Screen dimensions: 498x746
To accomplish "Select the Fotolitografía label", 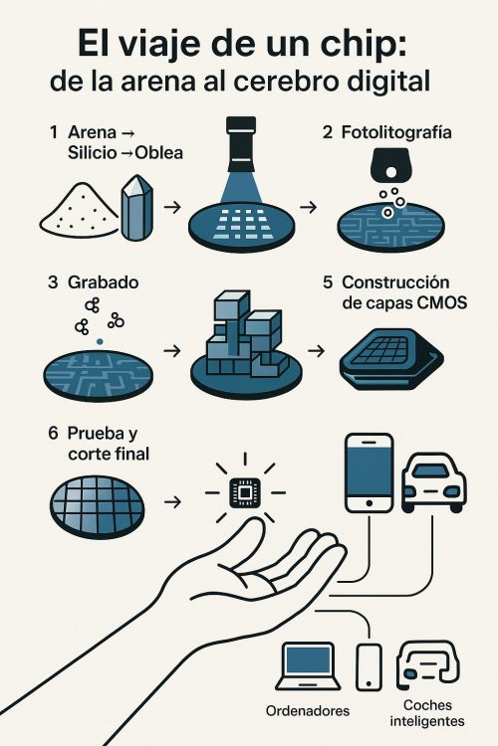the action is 396,132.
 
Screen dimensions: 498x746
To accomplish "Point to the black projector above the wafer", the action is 242,144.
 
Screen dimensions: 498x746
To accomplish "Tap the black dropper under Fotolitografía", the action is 389,165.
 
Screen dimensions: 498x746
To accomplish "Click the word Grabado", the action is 103,282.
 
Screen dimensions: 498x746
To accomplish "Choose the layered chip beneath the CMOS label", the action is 391,359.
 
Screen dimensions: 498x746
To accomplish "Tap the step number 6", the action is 53,433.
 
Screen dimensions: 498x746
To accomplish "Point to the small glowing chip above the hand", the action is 245,493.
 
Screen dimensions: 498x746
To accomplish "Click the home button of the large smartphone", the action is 369,503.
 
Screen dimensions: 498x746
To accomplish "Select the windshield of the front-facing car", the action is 431,471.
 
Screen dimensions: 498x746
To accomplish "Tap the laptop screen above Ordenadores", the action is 307,660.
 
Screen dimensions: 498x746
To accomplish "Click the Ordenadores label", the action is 308,711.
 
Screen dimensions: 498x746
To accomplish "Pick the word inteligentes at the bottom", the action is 427,721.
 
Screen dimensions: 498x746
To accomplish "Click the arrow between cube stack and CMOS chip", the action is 317,351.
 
